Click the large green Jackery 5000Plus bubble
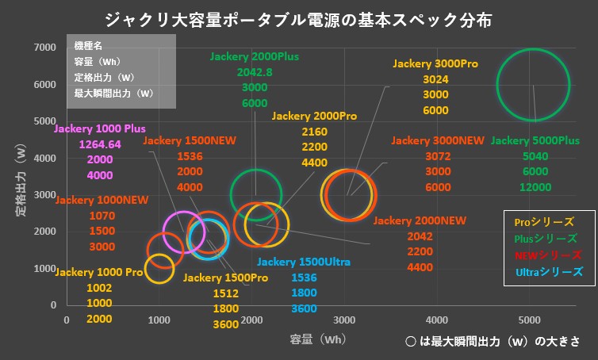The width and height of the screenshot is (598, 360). [533, 85]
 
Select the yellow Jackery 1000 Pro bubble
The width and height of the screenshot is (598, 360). [159, 268]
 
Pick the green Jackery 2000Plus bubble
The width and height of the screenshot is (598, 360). [256, 193]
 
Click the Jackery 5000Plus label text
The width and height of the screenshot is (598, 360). [535, 140]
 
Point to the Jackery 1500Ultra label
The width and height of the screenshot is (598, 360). [304, 262]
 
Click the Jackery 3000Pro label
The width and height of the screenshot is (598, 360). [435, 63]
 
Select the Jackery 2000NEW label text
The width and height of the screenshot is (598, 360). [420, 220]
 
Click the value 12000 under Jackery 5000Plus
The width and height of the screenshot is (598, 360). [535, 187]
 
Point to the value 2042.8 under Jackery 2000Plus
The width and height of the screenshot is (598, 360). [255, 72]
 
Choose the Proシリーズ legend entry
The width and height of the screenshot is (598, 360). [544, 222]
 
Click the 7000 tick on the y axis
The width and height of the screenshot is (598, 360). [44, 48]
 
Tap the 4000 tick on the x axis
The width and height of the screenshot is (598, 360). [437, 320]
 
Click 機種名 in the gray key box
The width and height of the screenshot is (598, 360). [88, 48]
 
